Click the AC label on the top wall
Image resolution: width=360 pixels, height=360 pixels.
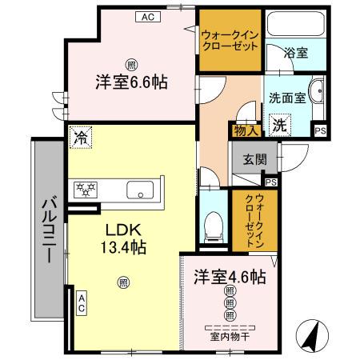coord(147,14)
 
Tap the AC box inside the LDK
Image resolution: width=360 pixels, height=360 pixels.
coord(82,302)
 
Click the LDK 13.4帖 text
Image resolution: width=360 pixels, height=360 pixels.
coord(122,238)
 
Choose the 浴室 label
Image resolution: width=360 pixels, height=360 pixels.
coord(297,53)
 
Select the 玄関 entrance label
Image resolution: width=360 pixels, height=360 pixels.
coord(246,158)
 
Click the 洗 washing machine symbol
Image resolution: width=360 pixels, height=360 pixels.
coord(280,125)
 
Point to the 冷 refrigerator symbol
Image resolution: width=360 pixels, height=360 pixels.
coord(81,137)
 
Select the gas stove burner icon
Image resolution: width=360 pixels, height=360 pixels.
coord(85,190)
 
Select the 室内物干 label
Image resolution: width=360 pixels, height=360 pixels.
coord(230,336)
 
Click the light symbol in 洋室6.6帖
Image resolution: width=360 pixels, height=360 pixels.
coord(130,63)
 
